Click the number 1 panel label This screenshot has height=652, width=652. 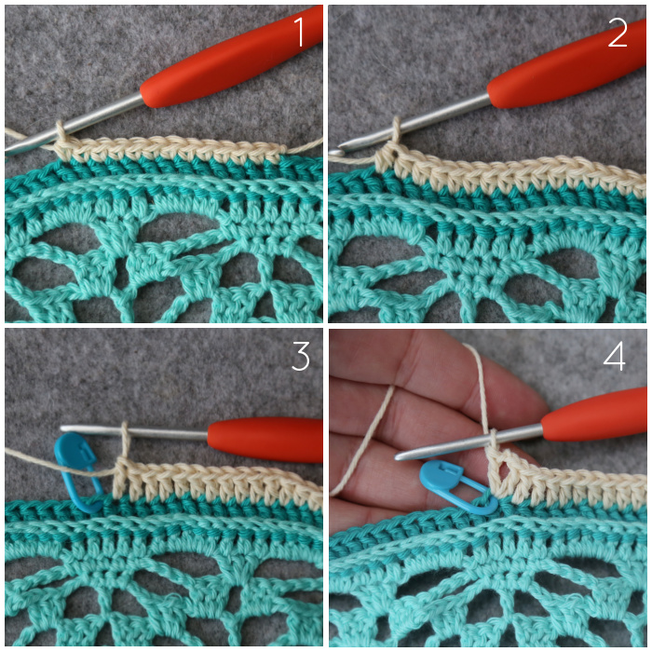(x=300, y=32)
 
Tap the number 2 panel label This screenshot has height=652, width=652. (x=618, y=33)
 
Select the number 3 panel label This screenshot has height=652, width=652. (x=301, y=356)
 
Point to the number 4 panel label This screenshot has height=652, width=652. (x=614, y=356)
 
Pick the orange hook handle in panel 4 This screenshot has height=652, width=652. (x=594, y=414)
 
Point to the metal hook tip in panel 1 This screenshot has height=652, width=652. (x=9, y=151)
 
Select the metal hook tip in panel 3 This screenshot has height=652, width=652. (x=64, y=428)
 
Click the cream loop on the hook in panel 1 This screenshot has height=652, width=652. (x=61, y=133)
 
